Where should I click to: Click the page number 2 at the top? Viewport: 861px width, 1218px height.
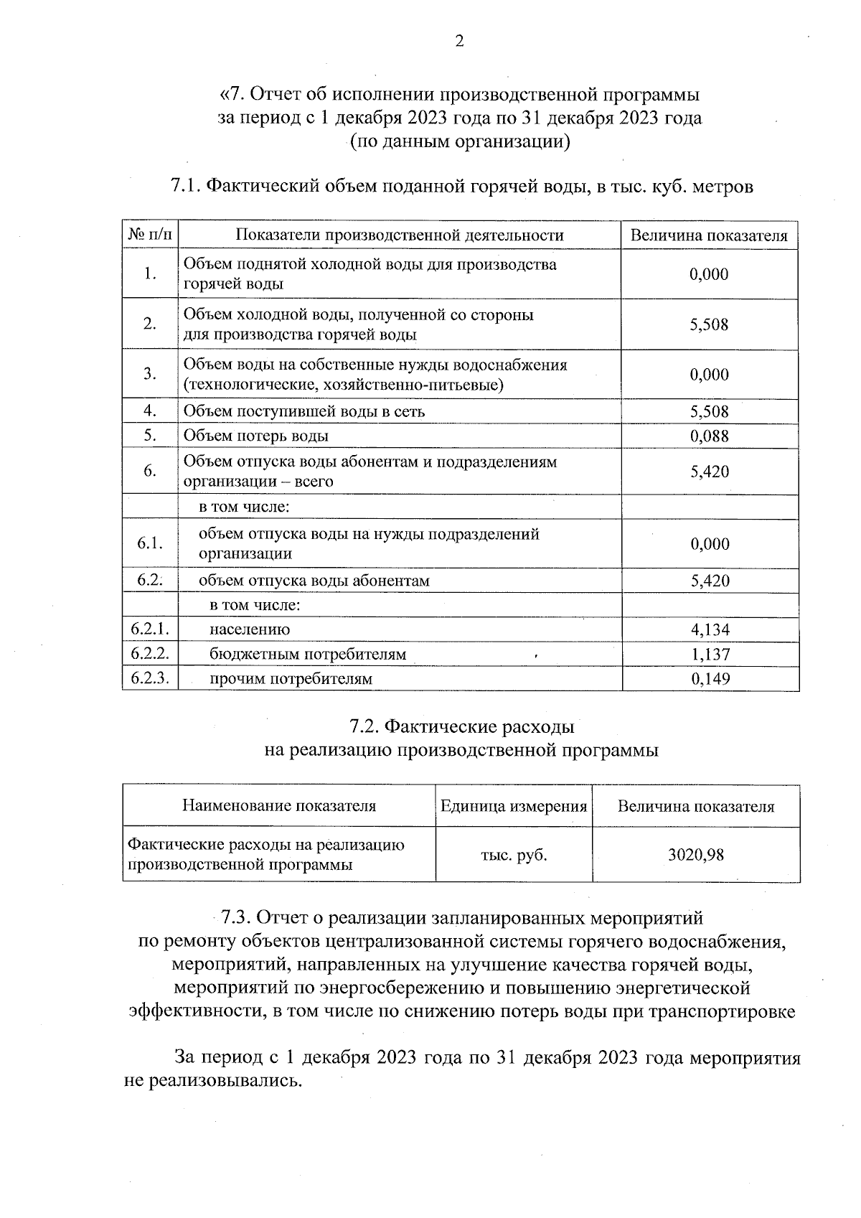[459, 41]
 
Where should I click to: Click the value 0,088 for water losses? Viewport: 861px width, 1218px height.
[709, 436]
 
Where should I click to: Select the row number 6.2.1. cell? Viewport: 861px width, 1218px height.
[150, 629]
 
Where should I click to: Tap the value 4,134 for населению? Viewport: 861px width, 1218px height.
[710, 629]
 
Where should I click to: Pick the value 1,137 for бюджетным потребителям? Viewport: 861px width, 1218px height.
[710, 654]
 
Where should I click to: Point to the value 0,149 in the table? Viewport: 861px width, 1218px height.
[710, 678]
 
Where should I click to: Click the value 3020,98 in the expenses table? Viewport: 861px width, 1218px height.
[695, 854]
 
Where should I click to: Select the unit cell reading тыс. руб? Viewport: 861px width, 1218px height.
[514, 855]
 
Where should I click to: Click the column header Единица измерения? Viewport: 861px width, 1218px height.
[514, 806]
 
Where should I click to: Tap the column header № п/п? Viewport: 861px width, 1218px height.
[150, 235]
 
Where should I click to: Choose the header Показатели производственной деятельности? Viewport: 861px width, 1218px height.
[400, 235]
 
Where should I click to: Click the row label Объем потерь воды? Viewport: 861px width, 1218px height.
[256, 436]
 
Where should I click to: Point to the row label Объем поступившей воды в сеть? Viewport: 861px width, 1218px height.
[304, 411]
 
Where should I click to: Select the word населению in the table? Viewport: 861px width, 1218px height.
[250, 629]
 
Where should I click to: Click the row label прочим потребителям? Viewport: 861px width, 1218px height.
[291, 678]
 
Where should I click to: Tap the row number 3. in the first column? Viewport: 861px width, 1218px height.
[150, 374]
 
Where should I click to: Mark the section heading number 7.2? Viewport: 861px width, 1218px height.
[364, 727]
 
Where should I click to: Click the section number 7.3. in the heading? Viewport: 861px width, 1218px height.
[235, 918]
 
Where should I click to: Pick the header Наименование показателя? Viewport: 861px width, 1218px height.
[279, 806]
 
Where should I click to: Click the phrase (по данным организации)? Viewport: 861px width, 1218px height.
[459, 142]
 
